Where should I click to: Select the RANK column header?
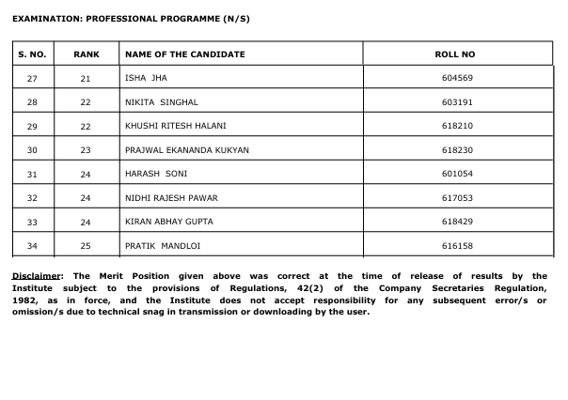(86, 54)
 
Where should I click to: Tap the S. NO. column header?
(33, 54)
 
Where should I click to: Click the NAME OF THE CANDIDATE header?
(184, 54)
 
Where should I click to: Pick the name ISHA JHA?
(146, 78)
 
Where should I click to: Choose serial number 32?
(33, 198)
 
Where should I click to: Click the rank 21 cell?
(86, 78)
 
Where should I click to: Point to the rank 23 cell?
(86, 149)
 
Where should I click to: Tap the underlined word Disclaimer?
(36, 276)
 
